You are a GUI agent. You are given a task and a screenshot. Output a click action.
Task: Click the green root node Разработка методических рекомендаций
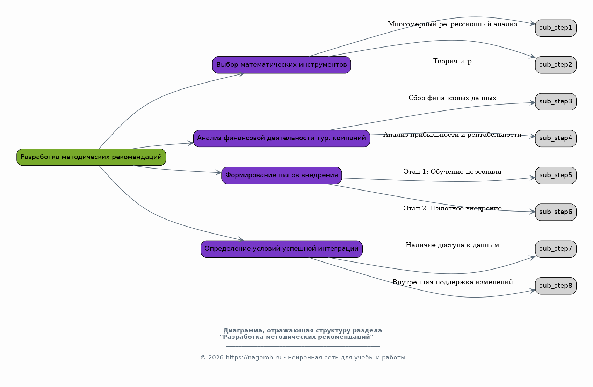point(91,157)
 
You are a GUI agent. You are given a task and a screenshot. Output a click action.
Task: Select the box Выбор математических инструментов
point(281,65)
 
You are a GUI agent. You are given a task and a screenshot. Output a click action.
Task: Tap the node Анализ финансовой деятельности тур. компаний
point(281,138)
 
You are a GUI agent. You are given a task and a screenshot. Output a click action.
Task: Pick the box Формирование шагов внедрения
point(281,175)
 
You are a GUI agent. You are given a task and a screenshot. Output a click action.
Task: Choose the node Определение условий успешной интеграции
point(281,249)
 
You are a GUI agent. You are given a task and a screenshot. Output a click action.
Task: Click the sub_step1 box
point(556,28)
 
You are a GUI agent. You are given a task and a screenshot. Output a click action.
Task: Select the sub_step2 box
point(556,65)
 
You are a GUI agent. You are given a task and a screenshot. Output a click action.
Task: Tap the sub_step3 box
point(556,102)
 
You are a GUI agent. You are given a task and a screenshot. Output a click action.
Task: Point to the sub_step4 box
point(556,138)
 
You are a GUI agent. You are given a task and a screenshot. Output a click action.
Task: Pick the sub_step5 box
point(556,175)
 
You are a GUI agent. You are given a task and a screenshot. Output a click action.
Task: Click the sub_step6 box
point(556,212)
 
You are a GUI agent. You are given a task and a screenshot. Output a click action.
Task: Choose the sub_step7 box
point(556,249)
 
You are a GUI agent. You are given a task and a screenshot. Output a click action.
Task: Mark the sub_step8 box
point(556,286)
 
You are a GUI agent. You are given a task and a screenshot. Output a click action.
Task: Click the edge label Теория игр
point(453,62)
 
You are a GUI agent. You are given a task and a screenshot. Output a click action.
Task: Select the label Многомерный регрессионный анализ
point(453,24)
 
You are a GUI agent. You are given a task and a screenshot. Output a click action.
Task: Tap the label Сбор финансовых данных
point(453,98)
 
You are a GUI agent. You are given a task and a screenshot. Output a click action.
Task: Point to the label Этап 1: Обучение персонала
point(453,172)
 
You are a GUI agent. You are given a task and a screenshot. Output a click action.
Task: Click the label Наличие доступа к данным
point(453,245)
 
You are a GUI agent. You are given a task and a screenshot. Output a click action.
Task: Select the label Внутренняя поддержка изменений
point(453,282)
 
